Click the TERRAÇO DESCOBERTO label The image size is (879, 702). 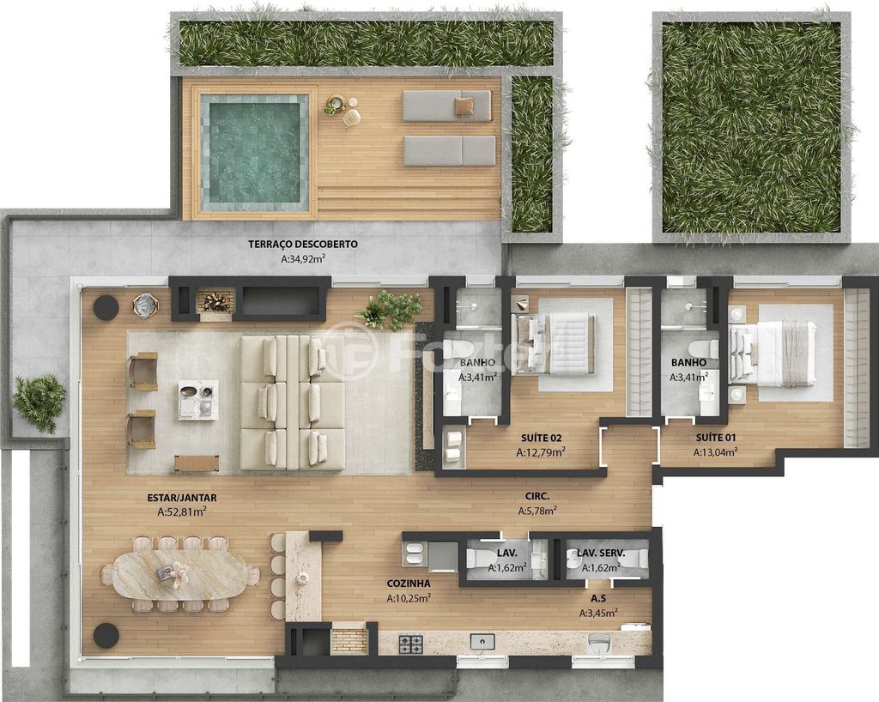click(x=303, y=244)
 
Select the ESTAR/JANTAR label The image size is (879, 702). click(x=182, y=497)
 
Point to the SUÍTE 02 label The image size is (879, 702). click(x=541, y=438)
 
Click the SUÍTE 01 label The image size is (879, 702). click(x=716, y=438)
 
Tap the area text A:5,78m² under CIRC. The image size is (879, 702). click(x=537, y=511)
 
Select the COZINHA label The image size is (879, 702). click(x=408, y=584)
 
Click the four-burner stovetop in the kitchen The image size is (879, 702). click(x=411, y=644)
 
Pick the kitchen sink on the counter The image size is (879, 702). click(x=482, y=641)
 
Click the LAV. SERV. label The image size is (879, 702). click(x=601, y=553)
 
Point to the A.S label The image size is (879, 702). click(x=598, y=598)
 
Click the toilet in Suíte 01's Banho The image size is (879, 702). click(x=704, y=348)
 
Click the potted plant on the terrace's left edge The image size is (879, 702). click(x=39, y=402)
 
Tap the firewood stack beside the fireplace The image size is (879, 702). click(x=215, y=303)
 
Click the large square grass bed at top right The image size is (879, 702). click(x=752, y=128)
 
